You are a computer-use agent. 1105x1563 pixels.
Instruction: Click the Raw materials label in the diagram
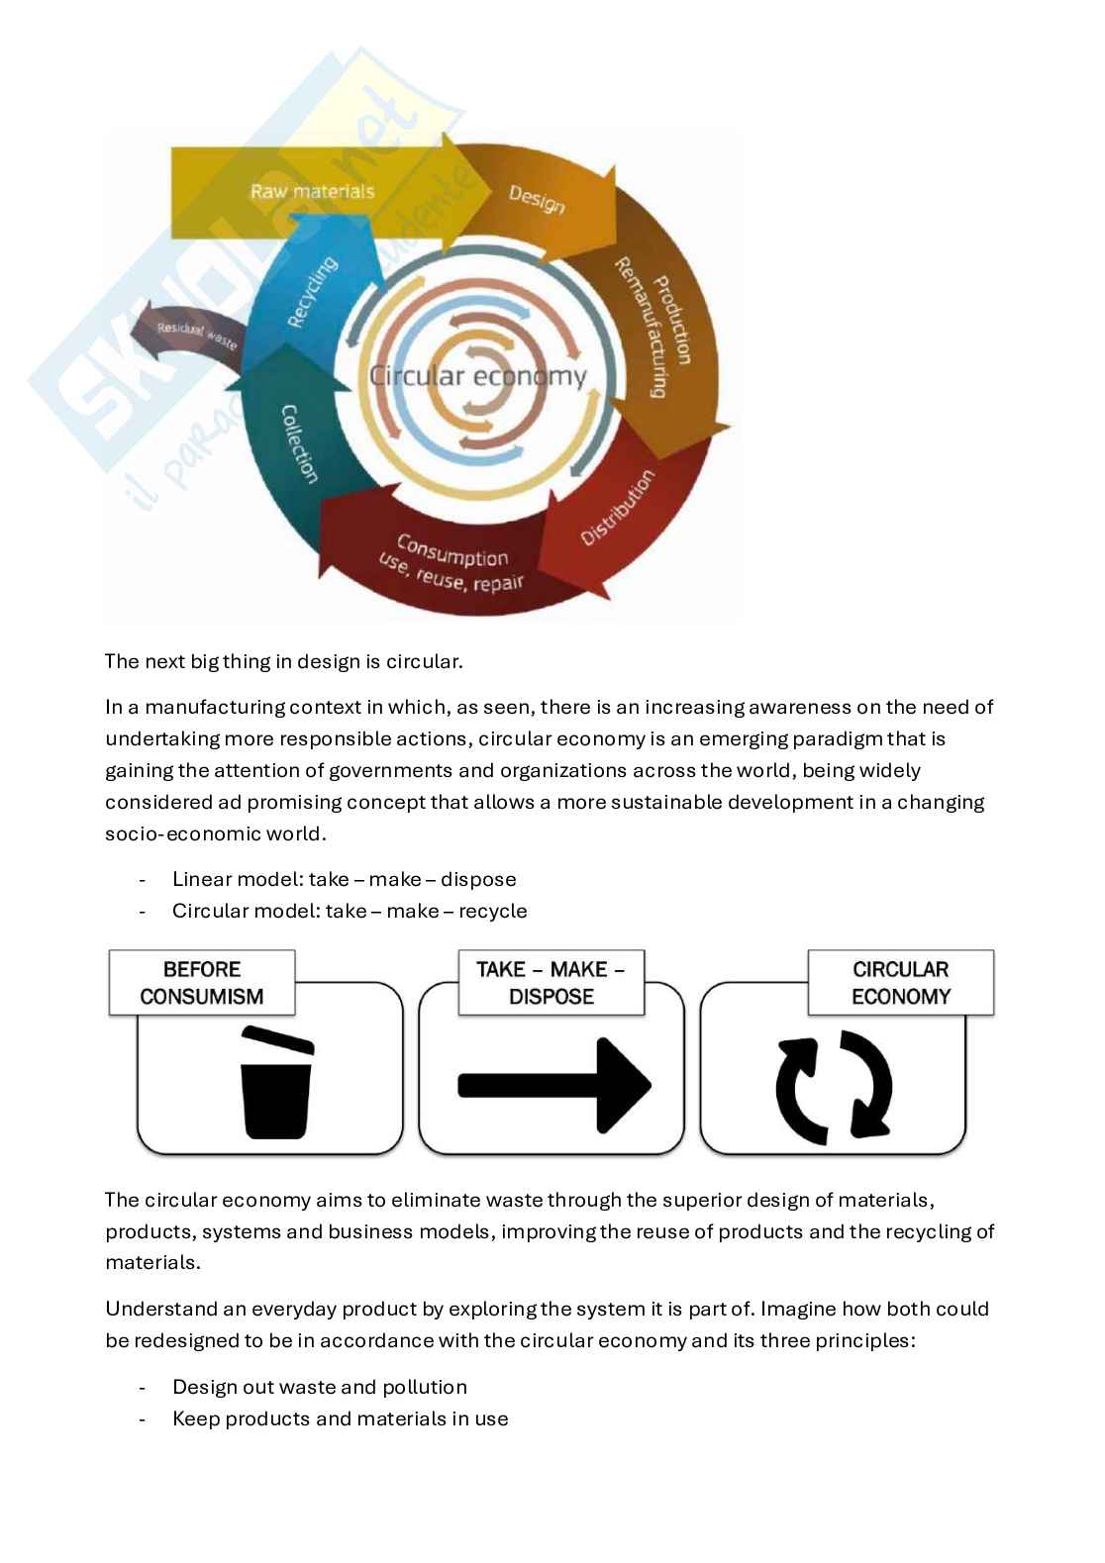(x=312, y=191)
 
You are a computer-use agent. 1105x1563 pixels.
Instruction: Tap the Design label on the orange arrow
(x=537, y=199)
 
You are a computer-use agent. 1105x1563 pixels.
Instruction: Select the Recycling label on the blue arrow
(x=311, y=292)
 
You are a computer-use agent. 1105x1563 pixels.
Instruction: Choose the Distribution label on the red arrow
(x=617, y=507)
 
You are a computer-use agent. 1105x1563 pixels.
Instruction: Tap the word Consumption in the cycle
(x=452, y=550)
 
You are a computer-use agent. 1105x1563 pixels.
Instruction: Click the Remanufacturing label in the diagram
(x=641, y=327)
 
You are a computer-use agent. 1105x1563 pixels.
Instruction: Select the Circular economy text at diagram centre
(x=477, y=376)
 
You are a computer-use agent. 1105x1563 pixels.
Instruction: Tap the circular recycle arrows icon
(x=834, y=1087)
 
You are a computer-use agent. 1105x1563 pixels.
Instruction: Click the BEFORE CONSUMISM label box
(x=202, y=983)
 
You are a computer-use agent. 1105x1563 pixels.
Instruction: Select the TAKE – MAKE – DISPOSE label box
(x=551, y=983)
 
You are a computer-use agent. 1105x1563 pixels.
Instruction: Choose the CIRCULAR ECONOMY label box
(x=900, y=983)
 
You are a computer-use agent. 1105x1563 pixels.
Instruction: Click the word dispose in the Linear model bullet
(x=478, y=879)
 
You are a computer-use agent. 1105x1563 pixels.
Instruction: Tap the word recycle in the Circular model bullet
(x=492, y=911)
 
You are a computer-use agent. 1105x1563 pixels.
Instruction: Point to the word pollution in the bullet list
(x=425, y=1387)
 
